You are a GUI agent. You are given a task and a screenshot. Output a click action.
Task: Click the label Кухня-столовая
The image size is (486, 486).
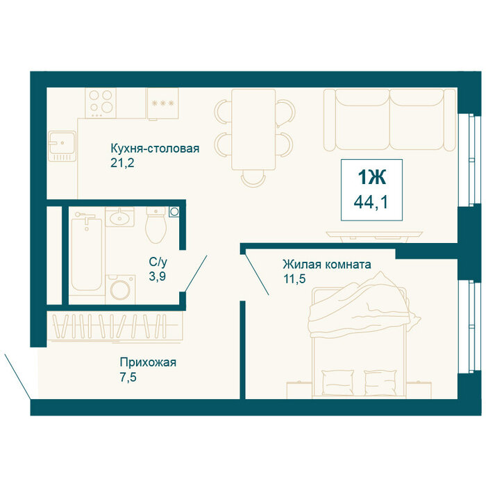pos(155,149)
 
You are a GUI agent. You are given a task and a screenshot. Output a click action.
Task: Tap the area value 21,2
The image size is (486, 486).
pos(122,162)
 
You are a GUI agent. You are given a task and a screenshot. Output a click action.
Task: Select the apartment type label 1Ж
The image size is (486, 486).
pos(372,178)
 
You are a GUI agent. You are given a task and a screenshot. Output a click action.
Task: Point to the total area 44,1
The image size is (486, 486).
pos(371,203)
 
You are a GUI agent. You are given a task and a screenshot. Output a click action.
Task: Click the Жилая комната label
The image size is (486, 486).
pos(327,265)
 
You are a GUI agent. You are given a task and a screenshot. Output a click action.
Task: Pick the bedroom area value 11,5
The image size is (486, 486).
pos(294,278)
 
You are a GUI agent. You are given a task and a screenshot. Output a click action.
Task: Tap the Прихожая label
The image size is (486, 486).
pos(148,362)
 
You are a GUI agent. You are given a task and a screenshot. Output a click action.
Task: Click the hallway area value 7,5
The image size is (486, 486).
pos(128,377)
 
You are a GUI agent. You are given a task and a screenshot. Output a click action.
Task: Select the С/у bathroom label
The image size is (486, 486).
pos(158,262)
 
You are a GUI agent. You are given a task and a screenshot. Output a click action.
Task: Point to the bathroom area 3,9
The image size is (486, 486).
pos(157,276)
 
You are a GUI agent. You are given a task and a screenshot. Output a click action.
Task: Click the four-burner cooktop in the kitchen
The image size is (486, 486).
pos(101,103)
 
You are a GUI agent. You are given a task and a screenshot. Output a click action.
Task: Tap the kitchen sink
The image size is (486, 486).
pos(62,146)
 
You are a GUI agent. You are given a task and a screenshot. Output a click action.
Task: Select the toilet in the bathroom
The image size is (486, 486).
pos(156,226)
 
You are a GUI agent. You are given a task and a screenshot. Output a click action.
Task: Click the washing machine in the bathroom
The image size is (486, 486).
pos(120,290)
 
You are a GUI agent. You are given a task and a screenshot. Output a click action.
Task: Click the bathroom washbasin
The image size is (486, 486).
pos(119,217)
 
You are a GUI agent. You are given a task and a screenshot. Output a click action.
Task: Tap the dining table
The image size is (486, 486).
pos(253,130)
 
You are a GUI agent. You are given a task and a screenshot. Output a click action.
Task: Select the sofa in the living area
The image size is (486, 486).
pos(389,120)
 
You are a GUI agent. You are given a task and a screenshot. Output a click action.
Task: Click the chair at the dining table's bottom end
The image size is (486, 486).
pos(253,178)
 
